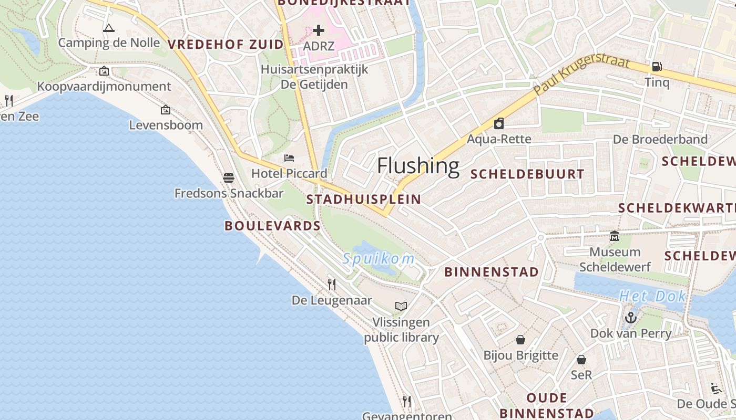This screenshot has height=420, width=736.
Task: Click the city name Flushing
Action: pos(418,166)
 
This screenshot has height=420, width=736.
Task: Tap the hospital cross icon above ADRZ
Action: pos(319,30)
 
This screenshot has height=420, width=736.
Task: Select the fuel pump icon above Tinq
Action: pos(657,67)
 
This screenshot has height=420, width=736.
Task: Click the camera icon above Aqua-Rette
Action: pos(499,123)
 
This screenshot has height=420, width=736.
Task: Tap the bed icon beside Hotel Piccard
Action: pos(289,157)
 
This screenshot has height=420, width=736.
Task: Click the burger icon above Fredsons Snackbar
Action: pos(229,177)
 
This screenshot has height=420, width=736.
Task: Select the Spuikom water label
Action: pos(378,259)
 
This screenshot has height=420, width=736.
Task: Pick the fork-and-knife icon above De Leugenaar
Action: pos(332,285)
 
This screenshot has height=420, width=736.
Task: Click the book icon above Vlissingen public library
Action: pos(401,306)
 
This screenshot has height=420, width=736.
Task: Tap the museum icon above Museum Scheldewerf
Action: pos(615,236)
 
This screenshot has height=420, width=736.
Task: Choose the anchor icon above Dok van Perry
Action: pos(630,318)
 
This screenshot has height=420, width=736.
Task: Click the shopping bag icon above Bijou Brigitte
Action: pos(520,340)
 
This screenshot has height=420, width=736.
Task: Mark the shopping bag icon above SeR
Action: pos(581,360)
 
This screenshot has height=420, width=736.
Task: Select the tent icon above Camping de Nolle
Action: pos(109,28)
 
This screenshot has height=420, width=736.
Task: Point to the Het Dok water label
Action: pos(652,296)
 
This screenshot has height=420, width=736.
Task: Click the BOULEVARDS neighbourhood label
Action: pos(272,226)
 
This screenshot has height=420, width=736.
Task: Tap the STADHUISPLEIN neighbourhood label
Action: pos(363,199)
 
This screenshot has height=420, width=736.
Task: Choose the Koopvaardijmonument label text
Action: pos(104,86)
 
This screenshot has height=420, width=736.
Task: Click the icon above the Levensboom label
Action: pos(166,110)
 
